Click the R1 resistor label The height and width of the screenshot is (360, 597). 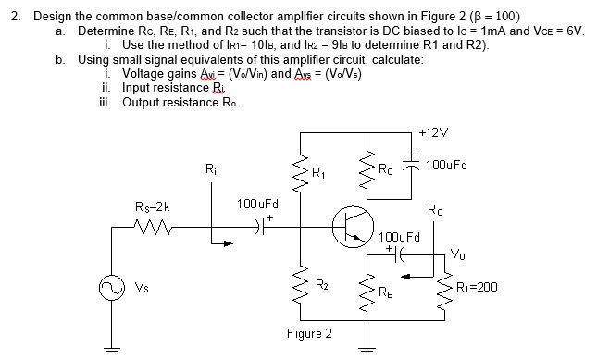[x=318, y=172]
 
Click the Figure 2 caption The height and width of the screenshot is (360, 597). [x=310, y=333]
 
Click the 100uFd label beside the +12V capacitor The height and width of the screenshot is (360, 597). [x=447, y=166]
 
